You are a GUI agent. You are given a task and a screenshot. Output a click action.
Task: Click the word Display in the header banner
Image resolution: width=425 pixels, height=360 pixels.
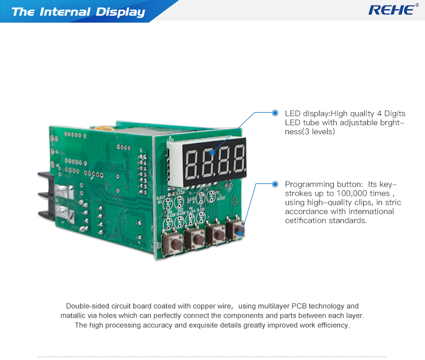120,12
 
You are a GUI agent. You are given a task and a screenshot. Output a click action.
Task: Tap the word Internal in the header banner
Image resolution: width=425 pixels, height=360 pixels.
65,12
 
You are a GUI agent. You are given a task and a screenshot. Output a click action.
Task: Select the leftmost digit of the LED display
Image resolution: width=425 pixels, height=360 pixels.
191,164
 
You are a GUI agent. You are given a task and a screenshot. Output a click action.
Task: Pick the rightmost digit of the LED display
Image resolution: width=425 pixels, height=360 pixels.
240,159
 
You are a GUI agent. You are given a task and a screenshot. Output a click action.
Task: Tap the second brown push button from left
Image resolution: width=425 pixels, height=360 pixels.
195,238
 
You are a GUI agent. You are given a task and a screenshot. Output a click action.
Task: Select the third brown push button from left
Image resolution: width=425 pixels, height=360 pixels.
216,234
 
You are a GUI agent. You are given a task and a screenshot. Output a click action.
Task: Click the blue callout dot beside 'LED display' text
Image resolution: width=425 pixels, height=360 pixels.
275,113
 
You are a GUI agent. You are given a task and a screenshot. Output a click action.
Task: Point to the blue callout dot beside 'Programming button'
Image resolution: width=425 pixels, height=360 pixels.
275,185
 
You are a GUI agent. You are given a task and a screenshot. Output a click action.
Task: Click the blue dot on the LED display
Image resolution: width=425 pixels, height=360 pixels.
212,153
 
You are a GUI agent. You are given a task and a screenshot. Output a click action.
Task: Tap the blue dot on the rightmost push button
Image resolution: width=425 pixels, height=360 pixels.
240,233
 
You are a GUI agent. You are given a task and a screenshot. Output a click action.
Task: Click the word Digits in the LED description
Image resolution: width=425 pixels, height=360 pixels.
395,114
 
